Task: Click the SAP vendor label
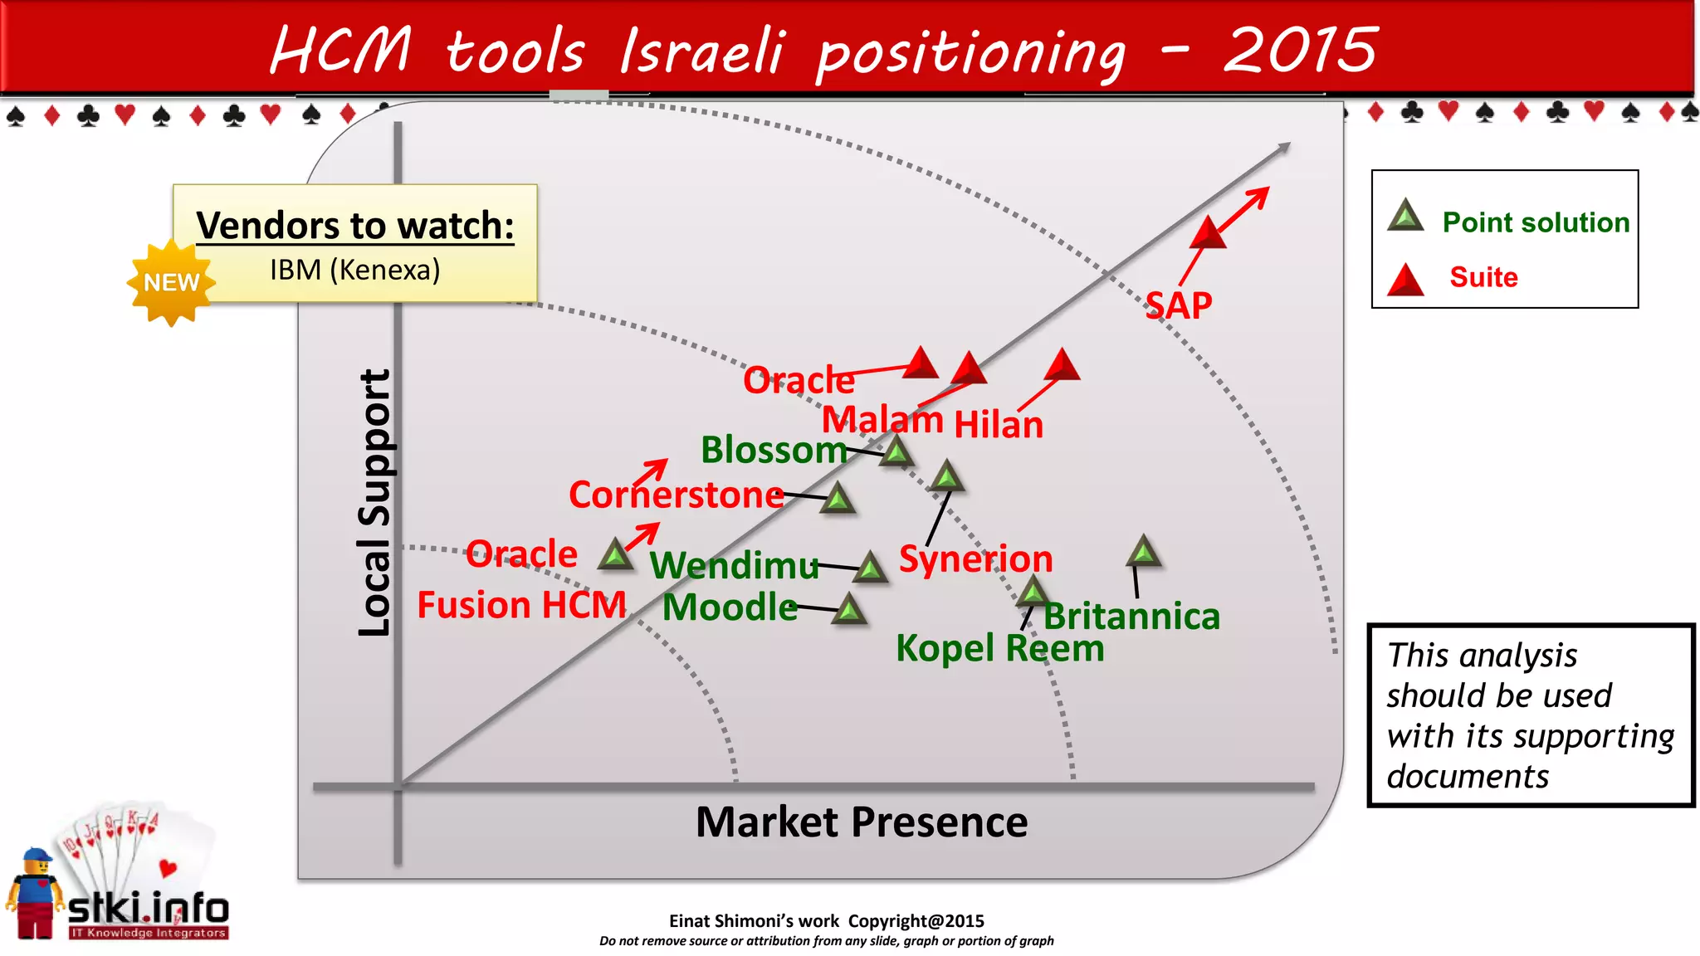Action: [x=1178, y=306]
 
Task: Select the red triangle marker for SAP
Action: [x=1208, y=233]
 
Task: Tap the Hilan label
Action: [x=999, y=425]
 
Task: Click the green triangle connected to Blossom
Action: [x=896, y=452]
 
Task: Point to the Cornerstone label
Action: [x=676, y=495]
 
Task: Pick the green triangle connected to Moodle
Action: [x=849, y=610]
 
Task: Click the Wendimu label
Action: [x=734, y=566]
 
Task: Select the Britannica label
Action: [x=1131, y=617]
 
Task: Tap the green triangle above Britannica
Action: [x=1144, y=552]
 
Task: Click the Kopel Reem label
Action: [x=999, y=648]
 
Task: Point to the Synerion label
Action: [x=975, y=558]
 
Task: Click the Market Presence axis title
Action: [x=861, y=822]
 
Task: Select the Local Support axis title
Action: [x=374, y=503]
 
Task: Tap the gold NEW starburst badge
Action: [x=172, y=283]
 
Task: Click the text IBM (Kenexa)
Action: [x=354, y=270]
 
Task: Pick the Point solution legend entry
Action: [x=1535, y=222]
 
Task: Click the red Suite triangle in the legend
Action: [x=1405, y=280]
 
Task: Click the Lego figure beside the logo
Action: [x=35, y=894]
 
